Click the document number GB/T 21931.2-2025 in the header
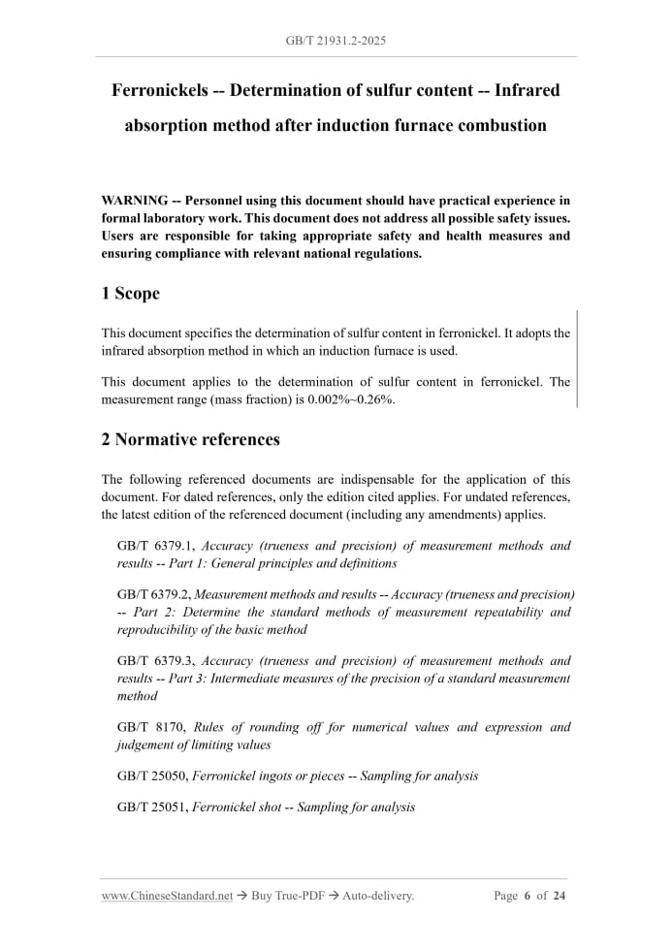coord(336,41)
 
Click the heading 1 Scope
coord(131,293)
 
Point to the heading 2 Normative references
coord(191,439)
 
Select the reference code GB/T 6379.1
coord(155,546)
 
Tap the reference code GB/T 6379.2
coord(155,594)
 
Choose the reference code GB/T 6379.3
coord(155,661)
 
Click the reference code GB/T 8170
coord(148,727)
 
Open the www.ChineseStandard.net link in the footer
coord(167,896)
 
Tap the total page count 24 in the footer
coord(560,896)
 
